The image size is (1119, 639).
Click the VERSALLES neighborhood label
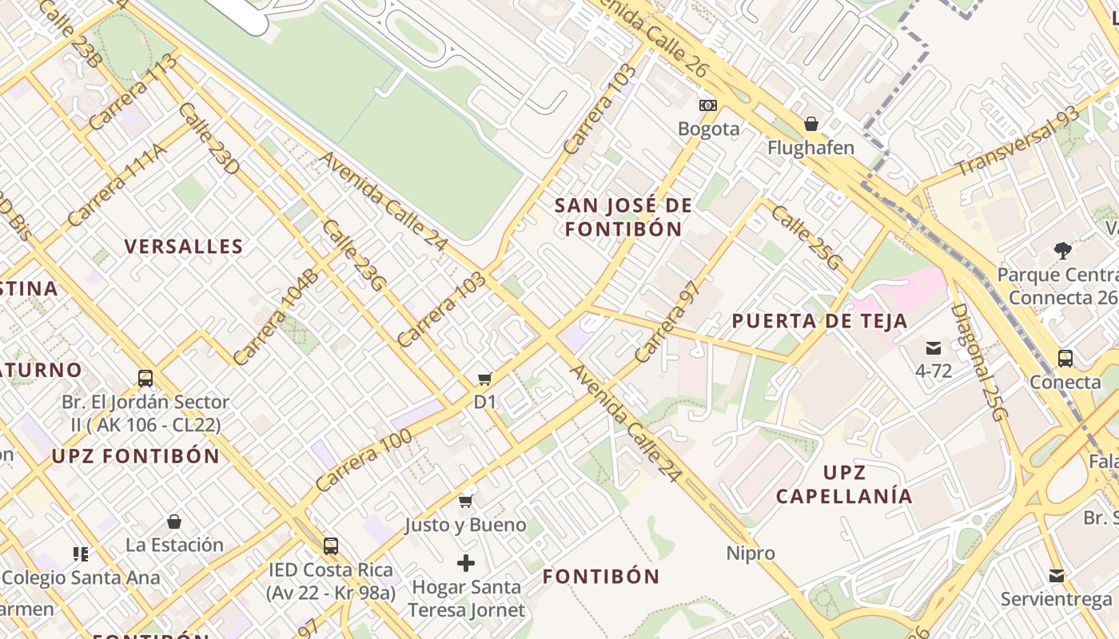click(184, 246)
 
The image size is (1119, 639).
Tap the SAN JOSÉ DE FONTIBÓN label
click(623, 217)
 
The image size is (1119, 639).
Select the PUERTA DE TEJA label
click(819, 321)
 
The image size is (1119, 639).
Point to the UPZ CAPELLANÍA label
click(844, 484)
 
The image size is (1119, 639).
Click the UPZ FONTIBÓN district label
click(136, 456)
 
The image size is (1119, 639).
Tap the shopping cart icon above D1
click(484, 379)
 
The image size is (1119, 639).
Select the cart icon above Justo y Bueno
click(465, 501)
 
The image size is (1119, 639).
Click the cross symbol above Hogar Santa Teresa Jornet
click(466, 563)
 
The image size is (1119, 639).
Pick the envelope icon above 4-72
click(933, 347)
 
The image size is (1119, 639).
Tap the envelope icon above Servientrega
click(1057, 575)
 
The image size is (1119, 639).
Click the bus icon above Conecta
click(1065, 358)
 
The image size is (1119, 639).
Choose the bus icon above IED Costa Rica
click(330, 546)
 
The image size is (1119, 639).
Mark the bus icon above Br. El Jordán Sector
click(145, 378)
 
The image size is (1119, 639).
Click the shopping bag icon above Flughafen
click(810, 124)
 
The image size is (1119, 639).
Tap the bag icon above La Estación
click(174, 522)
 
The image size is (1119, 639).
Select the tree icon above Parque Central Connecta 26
click(1062, 251)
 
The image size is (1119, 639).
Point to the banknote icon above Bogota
click(708, 105)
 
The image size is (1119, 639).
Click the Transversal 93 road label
click(1017, 141)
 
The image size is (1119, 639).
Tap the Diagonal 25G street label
click(979, 361)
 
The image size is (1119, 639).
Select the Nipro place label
click(751, 553)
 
